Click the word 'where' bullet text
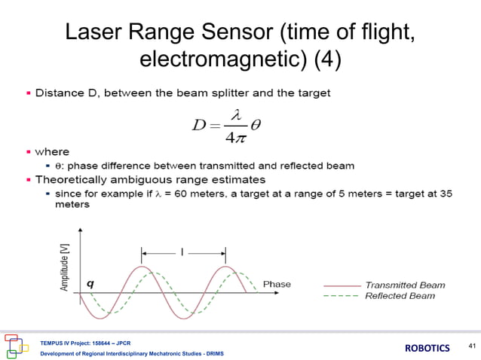52,152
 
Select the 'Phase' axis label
277,284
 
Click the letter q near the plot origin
90,284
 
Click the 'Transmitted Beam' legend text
405,285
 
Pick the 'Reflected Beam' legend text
400,296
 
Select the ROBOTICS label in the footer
427,348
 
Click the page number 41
472,346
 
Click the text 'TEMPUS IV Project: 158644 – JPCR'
86,342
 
